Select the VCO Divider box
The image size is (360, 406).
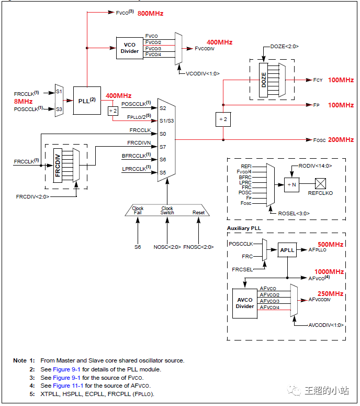130,48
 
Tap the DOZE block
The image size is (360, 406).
265,80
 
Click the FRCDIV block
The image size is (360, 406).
58,165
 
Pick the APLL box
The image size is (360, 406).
287,250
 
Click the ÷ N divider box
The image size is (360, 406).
292,184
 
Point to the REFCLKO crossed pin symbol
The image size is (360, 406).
321,184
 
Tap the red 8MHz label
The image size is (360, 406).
23,101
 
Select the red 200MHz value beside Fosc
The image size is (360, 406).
341,140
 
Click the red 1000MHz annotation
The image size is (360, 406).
329,272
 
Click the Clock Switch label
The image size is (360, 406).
167,211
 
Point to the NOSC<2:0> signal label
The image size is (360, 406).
167,246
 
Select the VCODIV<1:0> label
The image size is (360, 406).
203,74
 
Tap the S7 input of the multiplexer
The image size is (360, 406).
163,147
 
